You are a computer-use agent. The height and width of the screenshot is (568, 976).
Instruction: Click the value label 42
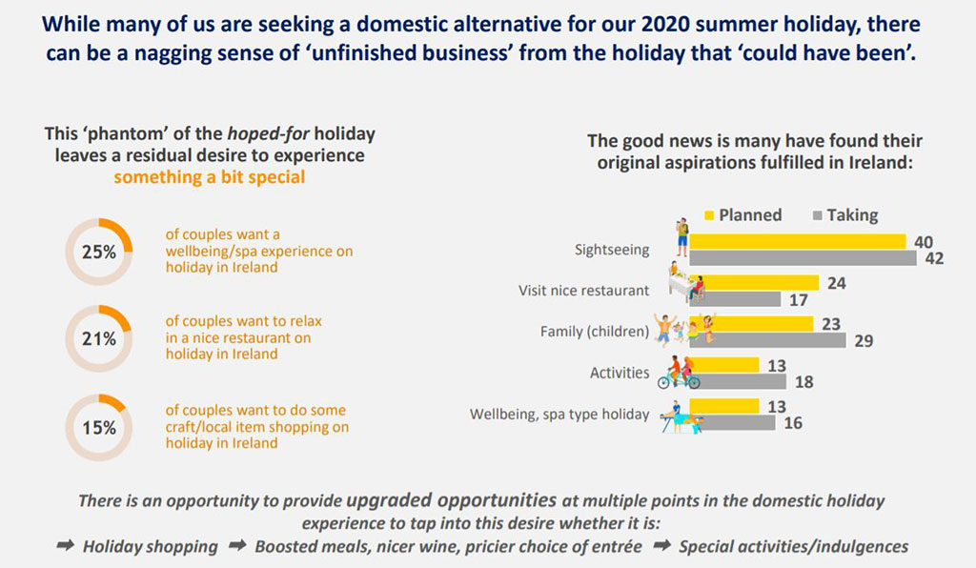[934, 258]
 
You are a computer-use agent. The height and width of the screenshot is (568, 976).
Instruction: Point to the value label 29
[864, 341]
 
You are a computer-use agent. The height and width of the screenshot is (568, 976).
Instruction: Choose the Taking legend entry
[844, 214]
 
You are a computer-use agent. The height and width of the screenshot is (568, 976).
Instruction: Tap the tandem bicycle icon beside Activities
[679, 373]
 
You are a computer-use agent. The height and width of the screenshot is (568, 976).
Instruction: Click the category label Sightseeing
[612, 250]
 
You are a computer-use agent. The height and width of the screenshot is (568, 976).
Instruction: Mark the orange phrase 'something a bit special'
[210, 176]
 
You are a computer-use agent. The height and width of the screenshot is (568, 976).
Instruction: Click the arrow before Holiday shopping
[66, 547]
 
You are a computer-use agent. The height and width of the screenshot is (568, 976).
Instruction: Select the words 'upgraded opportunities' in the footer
[451, 499]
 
